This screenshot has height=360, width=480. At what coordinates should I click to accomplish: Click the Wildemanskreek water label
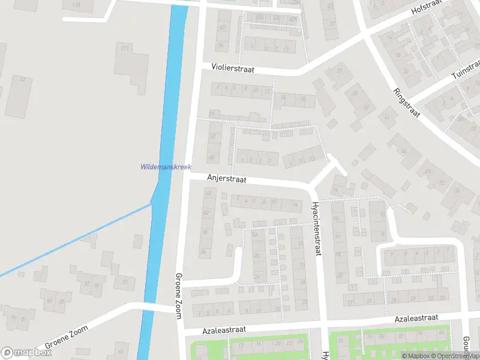[166, 167]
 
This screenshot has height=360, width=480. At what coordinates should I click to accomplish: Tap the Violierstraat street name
[233, 70]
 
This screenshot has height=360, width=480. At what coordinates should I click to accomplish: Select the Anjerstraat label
[227, 178]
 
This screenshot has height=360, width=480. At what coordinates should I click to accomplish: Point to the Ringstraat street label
[406, 102]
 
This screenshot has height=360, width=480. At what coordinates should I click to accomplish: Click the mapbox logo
[26, 353]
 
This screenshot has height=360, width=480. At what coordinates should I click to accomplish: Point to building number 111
[125, 48]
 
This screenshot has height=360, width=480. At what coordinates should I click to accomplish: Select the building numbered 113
[76, 5]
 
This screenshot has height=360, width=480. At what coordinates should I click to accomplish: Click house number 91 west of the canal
[125, 281]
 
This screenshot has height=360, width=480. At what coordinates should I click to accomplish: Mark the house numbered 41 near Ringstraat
[387, 117]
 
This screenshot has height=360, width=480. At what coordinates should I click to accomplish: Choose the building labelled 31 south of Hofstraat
[340, 72]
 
